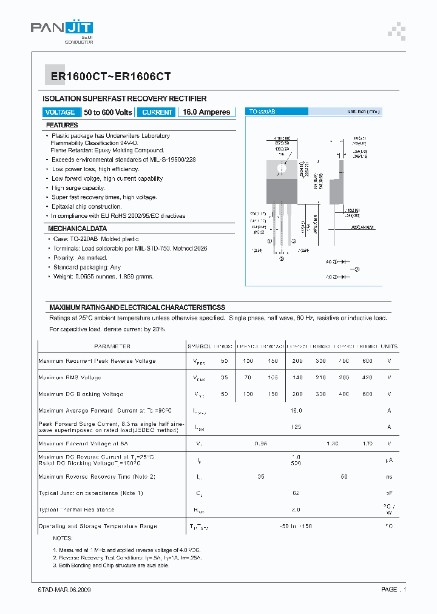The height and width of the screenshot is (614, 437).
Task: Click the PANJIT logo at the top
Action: [62, 30]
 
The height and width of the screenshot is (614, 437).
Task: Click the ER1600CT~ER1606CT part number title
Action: [107, 76]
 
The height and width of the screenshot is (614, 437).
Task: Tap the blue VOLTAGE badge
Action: [61, 112]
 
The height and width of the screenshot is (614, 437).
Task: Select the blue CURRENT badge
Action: [157, 112]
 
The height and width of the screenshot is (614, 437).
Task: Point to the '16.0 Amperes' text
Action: [206, 112]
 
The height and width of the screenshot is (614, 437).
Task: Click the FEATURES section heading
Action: [63, 125]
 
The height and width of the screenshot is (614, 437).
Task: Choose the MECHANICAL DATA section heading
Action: [78, 229]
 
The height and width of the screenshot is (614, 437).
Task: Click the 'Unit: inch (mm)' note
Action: [363, 112]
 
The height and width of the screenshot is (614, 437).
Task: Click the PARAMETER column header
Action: [112, 346]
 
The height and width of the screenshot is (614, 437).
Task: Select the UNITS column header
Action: [388, 346]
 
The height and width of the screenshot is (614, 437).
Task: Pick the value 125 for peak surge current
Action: [296, 427]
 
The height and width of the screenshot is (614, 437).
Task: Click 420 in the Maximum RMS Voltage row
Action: [367, 377]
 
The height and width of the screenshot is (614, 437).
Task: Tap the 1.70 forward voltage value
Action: [367, 444]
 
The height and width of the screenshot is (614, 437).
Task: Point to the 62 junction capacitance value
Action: [296, 493]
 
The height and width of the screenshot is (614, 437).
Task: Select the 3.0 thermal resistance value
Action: [296, 510]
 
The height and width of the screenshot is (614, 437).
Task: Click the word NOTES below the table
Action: [63, 538]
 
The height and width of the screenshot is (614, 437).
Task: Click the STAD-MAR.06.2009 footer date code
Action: [64, 589]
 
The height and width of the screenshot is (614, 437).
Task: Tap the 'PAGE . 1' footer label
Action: [393, 589]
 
